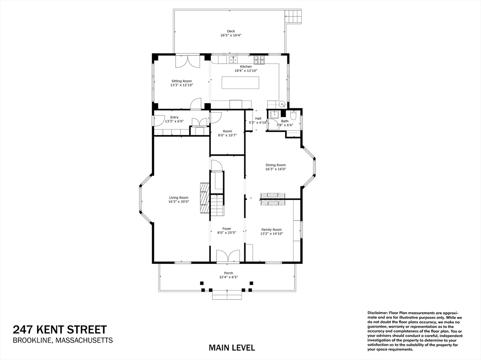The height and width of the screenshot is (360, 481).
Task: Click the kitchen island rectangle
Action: coord(240,83)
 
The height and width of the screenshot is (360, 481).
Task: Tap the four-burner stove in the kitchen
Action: coord(259,60)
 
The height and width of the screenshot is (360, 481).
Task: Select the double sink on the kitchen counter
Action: coord(233,60)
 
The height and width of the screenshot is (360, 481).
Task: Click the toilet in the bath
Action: coord(293,115)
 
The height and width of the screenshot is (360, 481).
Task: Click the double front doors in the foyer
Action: coord(228,256)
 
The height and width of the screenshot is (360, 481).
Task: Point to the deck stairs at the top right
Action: coord(294,16)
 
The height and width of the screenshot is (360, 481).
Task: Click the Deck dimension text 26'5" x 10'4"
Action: coord(231,36)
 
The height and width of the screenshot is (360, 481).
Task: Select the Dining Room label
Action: coord(275,165)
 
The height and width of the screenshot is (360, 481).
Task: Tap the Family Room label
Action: coord(272,230)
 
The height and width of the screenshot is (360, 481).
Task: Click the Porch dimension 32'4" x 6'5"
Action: coord(228,277)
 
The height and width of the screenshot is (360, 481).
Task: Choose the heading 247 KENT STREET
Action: coord(60,329)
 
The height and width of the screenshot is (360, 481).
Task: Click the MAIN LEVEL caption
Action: coord(232,348)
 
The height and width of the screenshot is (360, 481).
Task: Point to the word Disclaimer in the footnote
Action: coord(377,312)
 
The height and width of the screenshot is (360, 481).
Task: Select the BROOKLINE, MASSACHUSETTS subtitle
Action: coord(62,341)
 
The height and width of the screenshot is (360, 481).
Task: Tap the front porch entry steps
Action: coord(227,295)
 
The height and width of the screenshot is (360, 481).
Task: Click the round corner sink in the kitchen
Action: coord(282,104)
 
